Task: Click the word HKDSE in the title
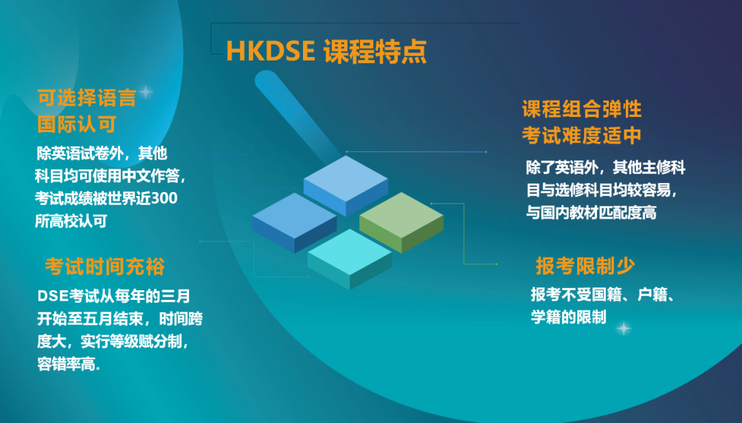pos(271,51)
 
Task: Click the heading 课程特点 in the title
pos(375,51)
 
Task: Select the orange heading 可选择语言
pos(87,98)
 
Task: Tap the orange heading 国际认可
pos(77,124)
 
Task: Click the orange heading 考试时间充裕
pos(104,266)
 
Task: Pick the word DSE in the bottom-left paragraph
pos(53,296)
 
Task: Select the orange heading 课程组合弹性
pos(582,109)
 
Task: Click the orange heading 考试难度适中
pos(582,136)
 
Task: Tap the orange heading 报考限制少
pos(585,265)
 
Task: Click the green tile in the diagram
pos(401,222)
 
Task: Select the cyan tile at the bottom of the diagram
pos(350,259)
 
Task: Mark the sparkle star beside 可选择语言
pos(146,92)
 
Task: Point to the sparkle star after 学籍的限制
pos(624,328)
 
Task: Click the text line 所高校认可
pos(71,221)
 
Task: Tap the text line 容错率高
pos(69,365)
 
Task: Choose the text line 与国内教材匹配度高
pos(592,213)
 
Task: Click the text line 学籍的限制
pos(568,317)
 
